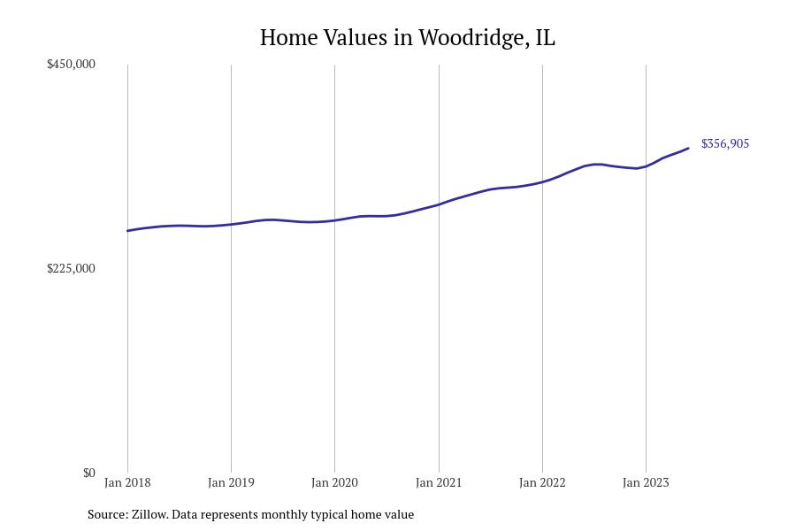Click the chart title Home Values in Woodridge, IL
pos(407,38)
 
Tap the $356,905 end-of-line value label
pos(724,143)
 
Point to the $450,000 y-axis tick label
pos(71,64)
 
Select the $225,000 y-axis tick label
pos(71,268)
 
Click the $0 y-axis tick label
pos(88,473)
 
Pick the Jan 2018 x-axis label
pos(127,483)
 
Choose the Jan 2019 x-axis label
pos(231,483)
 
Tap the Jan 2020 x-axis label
pos(334,483)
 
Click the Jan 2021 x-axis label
pos(439,483)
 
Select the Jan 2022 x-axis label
pos(542,483)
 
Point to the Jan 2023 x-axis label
pos(646,483)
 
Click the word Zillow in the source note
pos(149,514)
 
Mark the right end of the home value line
pos(688,149)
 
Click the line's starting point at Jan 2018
pos(128,231)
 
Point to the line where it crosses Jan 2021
pos(439,204)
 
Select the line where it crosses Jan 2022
pos(542,181)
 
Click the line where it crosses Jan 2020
pos(334,220)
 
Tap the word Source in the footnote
pos(106,514)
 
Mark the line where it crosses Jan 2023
pos(646,166)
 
